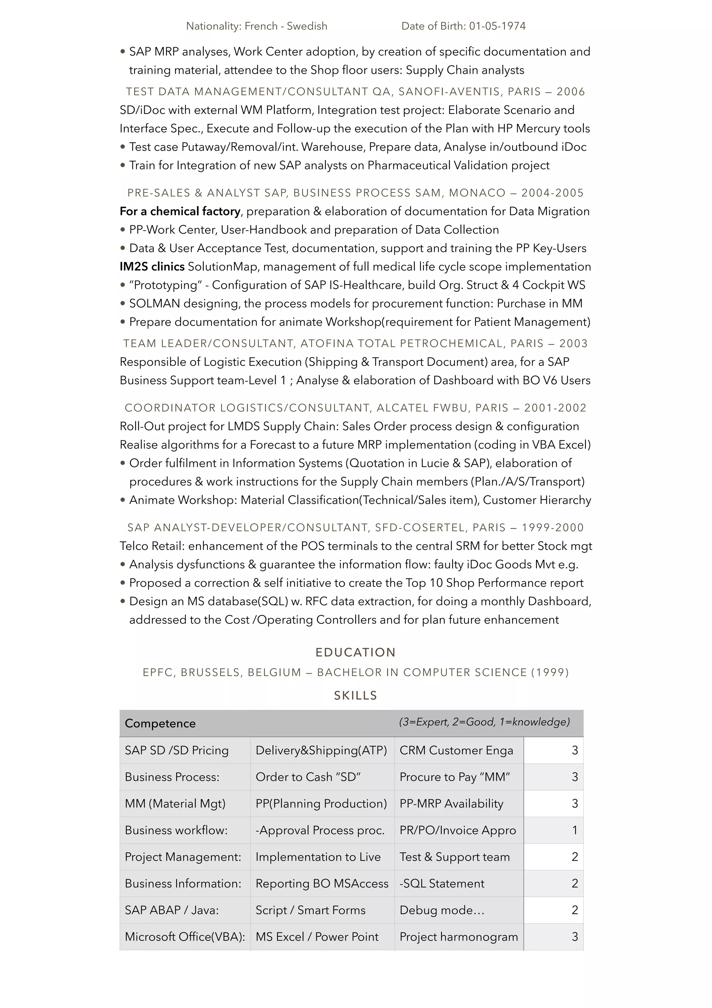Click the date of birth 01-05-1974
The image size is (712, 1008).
[x=497, y=26]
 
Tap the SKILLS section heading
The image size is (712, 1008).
[x=355, y=695]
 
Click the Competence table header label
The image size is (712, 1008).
[x=160, y=723]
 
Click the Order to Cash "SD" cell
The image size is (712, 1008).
[x=308, y=777]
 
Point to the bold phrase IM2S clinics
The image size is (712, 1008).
[x=152, y=266]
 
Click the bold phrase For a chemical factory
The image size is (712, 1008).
[x=180, y=211]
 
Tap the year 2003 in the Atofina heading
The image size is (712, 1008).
[x=573, y=343]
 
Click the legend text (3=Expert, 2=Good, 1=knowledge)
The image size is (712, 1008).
[x=484, y=722]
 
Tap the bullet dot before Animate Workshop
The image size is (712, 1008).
[x=123, y=500]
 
